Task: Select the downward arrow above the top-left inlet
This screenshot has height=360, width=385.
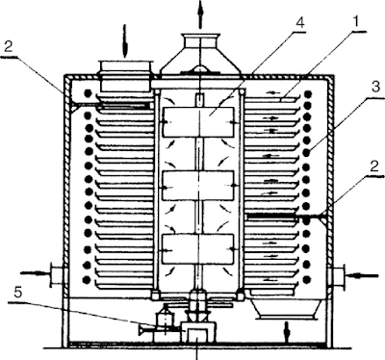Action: pyautogui.click(x=123, y=41)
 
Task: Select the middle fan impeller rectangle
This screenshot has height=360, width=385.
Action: pyautogui.click(x=200, y=186)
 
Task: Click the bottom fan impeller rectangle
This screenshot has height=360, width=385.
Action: pyautogui.click(x=200, y=249)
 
